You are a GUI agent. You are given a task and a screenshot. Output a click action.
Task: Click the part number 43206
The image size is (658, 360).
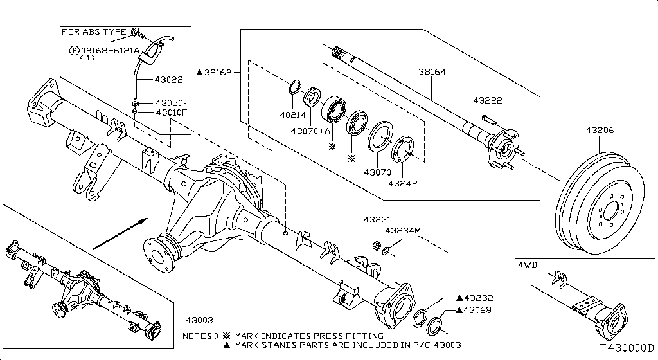pyautogui.click(x=600, y=130)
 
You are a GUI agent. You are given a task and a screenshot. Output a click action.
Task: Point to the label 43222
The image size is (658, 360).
pyautogui.click(x=487, y=100)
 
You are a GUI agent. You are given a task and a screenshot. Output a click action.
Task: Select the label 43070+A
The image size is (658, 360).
pyautogui.click(x=310, y=131)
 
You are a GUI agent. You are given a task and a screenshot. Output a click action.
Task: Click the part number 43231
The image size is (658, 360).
pyautogui.click(x=376, y=219)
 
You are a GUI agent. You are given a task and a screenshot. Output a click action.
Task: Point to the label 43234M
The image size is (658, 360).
pyautogui.click(x=402, y=230)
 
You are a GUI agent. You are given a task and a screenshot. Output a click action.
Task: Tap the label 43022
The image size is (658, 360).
pyautogui.click(x=170, y=80)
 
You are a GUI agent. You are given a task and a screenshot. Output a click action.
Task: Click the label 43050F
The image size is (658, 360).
pyautogui.click(x=171, y=103)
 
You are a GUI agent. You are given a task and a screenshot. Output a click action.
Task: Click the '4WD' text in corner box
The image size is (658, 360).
pyautogui.click(x=528, y=264)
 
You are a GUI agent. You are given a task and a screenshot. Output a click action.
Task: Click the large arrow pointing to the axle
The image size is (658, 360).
pyautogui.click(x=116, y=235)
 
